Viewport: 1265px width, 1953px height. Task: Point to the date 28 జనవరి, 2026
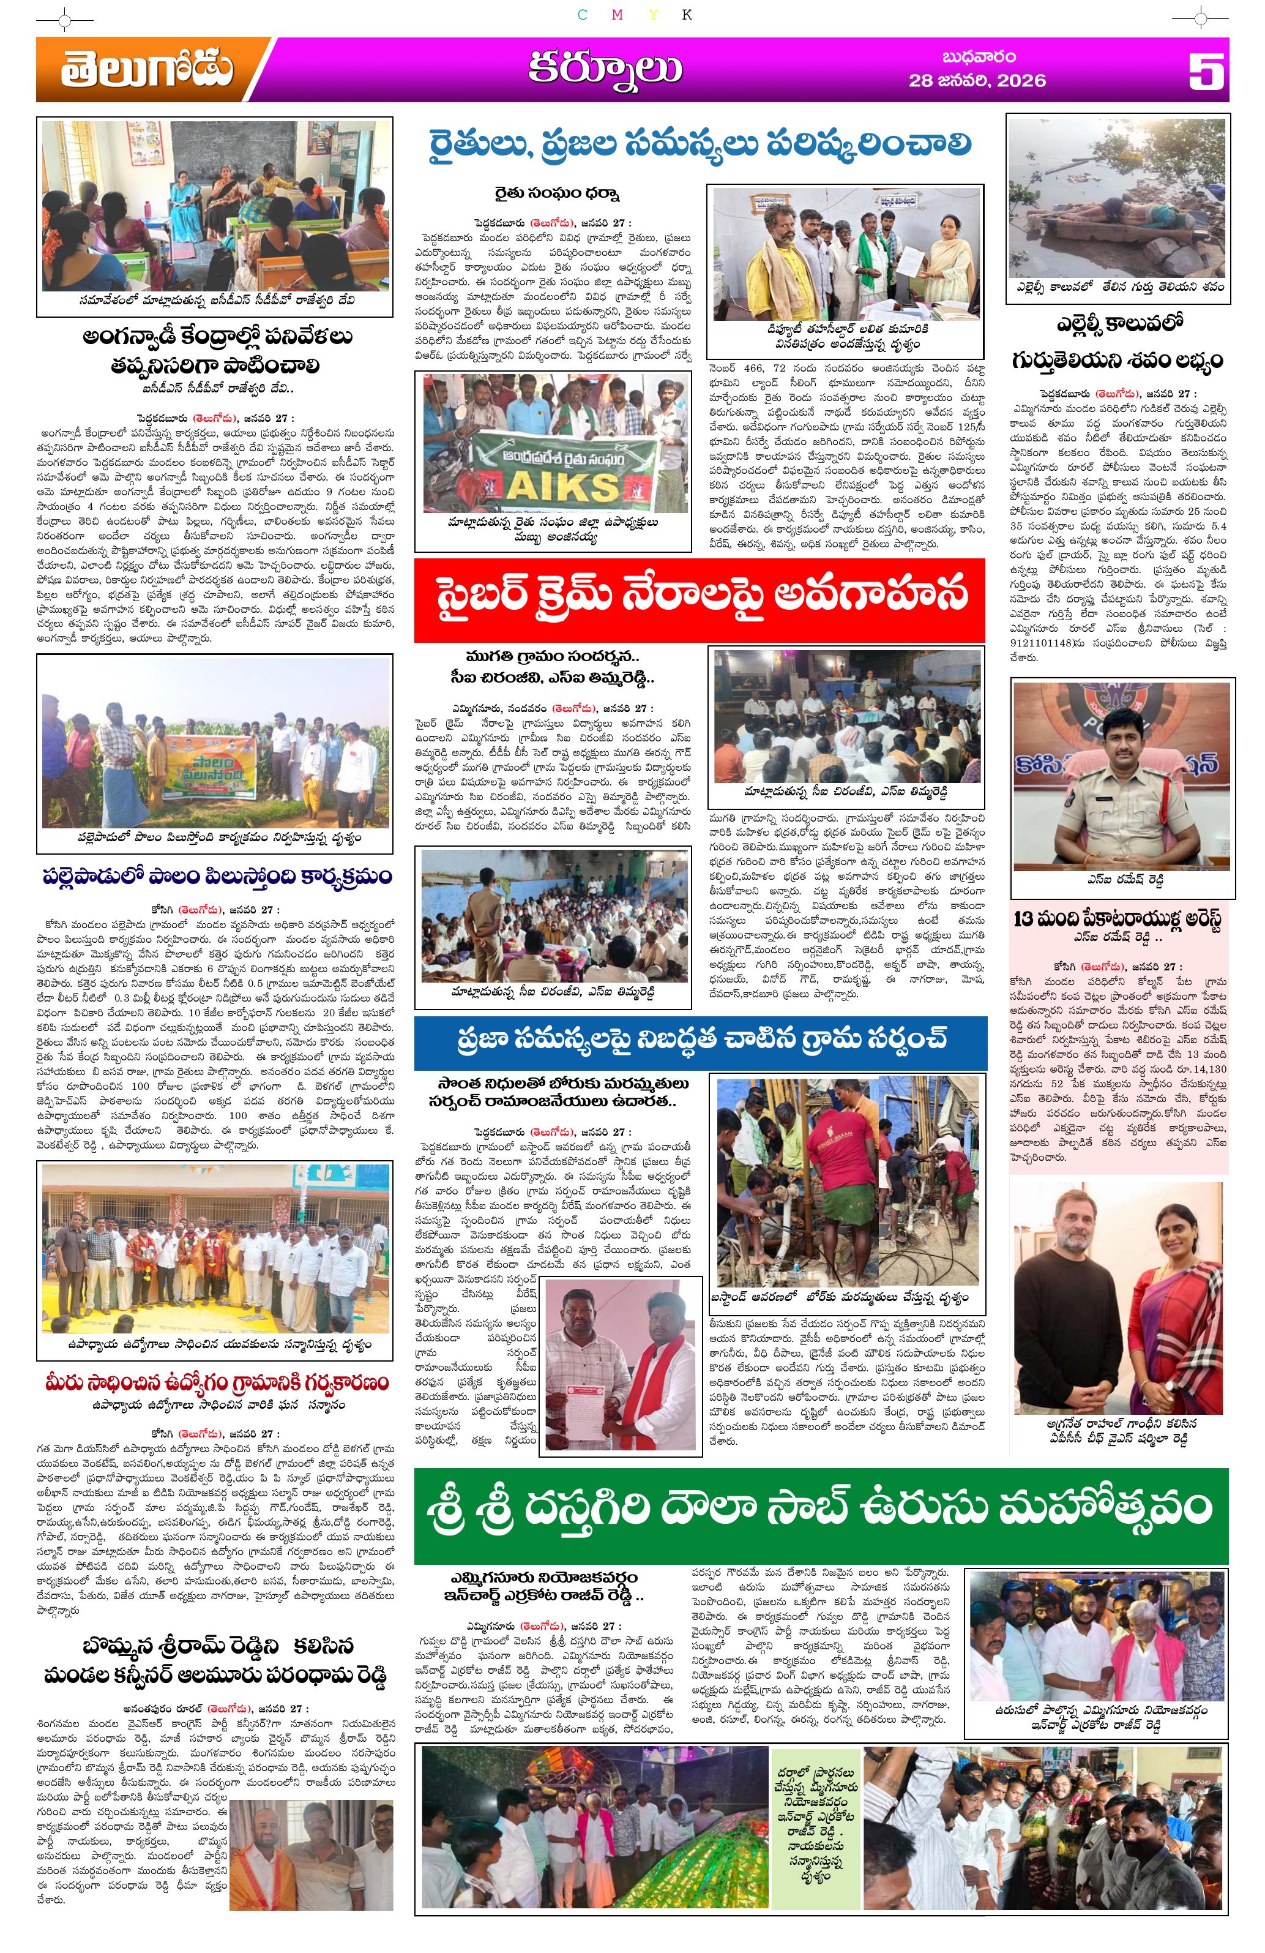(976, 80)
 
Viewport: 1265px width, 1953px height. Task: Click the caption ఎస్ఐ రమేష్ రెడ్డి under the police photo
(1121, 880)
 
